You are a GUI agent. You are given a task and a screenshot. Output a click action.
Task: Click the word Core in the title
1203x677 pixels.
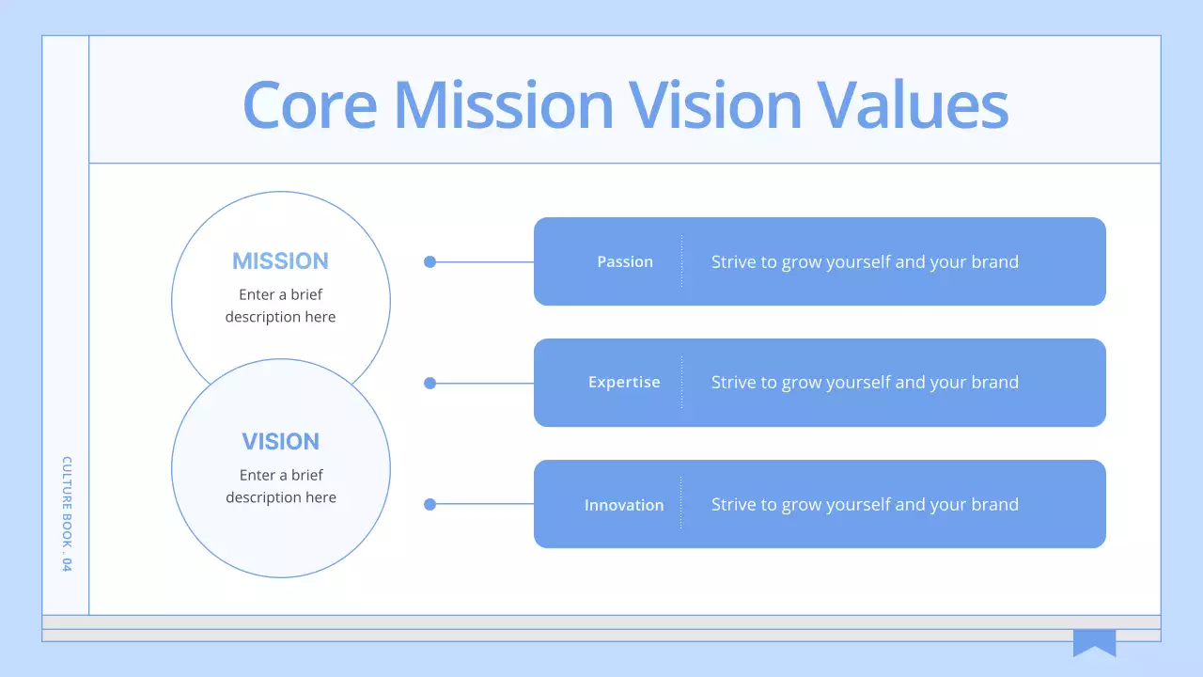coord(308,104)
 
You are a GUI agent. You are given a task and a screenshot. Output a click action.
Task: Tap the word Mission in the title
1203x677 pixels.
coord(503,104)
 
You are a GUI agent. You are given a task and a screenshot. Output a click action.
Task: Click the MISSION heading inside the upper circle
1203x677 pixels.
coord(280,261)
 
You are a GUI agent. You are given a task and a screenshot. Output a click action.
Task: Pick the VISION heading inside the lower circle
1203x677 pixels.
coord(280,441)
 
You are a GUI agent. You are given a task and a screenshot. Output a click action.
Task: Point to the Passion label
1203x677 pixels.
coord(625,262)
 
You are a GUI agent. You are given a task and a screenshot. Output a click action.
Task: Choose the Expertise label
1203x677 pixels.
coord(624,383)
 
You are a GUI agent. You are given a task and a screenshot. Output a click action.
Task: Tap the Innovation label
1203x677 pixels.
coord(624,505)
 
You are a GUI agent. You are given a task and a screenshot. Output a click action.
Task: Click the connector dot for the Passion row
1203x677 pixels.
coord(430,262)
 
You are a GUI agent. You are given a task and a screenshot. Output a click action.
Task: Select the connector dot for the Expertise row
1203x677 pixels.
coord(430,383)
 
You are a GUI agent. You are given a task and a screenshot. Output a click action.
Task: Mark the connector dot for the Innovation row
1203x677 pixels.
coord(430,504)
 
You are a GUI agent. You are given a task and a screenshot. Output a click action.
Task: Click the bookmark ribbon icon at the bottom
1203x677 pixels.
coord(1094,643)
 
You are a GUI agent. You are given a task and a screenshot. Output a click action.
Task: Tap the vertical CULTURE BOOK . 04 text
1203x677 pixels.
coord(67,513)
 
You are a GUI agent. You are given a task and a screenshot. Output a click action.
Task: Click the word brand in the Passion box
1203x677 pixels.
coord(995,262)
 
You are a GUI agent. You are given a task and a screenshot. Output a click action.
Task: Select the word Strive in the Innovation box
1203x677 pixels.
coord(731,505)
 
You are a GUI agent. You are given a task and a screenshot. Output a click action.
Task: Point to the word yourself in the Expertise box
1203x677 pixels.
coord(858,383)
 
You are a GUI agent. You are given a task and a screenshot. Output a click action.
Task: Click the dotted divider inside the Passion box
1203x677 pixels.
coord(682,261)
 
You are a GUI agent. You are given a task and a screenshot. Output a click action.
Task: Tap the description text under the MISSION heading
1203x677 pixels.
coord(280,306)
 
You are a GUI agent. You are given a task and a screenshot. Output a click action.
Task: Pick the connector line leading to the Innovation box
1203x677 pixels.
coord(484,504)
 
